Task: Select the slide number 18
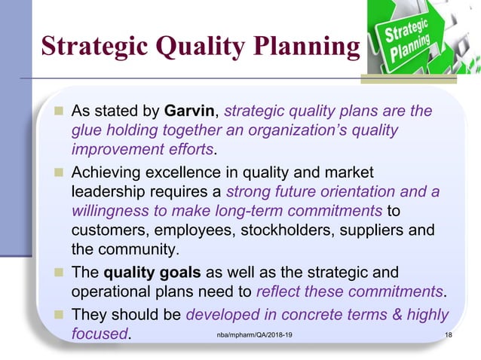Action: pos(449,334)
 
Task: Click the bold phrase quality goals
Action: pos(144,272)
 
